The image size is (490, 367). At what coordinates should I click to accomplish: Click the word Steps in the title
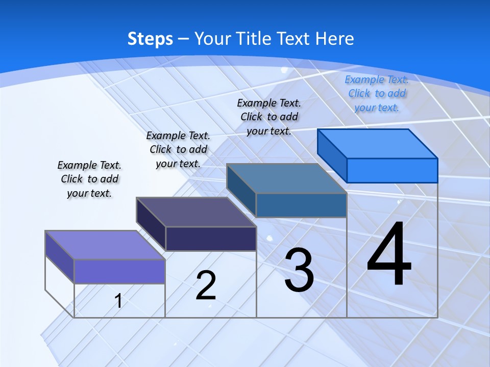point(150,39)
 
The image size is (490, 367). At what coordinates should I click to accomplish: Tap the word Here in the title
point(334,39)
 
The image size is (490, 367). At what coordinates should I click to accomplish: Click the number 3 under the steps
point(299,270)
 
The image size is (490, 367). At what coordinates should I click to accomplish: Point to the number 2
point(206,285)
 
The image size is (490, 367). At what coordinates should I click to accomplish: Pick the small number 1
point(118,301)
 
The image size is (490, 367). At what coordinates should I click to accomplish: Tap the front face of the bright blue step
point(392,170)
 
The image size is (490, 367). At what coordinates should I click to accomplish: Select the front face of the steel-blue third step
point(301,205)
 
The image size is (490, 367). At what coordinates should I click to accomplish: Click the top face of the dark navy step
point(196,212)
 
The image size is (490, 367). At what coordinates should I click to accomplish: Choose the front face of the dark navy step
point(211,239)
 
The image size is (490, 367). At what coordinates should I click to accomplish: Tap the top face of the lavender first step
point(105,245)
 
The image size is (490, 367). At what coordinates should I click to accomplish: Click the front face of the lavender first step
point(119,271)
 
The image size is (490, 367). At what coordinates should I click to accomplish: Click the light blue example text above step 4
point(377,93)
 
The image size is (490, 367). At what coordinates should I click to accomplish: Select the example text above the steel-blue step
point(269,117)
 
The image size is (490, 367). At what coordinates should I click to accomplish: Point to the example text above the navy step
point(178,149)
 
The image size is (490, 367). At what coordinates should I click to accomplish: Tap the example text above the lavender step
point(89,179)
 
